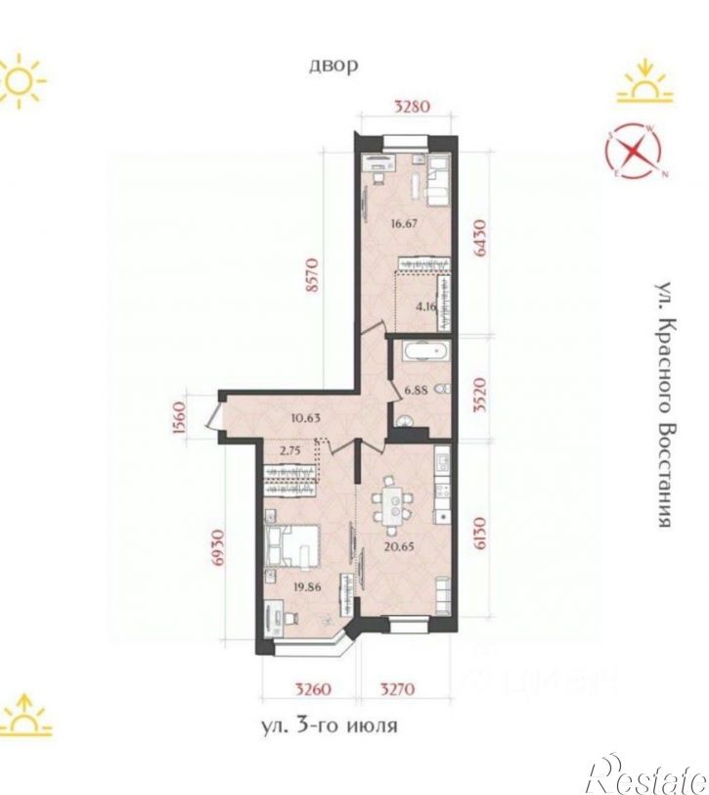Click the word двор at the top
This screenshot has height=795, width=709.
tap(333, 66)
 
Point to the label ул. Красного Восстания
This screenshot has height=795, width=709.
tap(665, 405)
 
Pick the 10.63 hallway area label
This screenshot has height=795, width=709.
tap(307, 418)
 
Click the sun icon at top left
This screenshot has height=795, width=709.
tap(22, 79)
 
